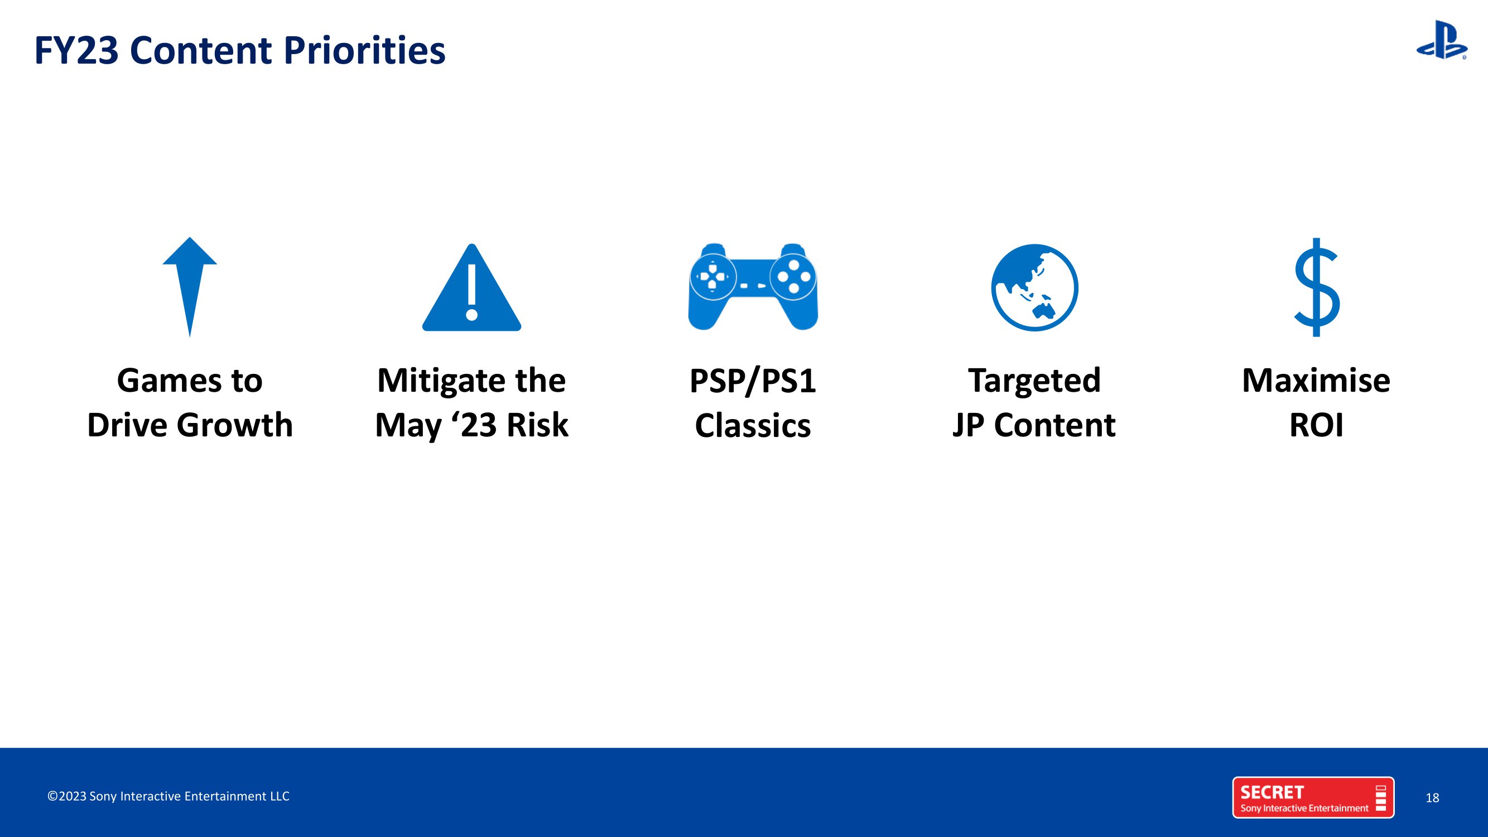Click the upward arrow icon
pyautogui.click(x=190, y=286)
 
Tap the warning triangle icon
pyautogui.click(x=471, y=288)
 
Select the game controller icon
pyautogui.click(x=753, y=286)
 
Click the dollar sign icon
pyautogui.click(x=1317, y=287)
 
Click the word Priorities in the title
pyautogui.click(x=364, y=51)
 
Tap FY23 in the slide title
pyautogui.click(x=76, y=51)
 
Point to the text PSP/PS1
pyautogui.click(x=753, y=381)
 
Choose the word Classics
pyautogui.click(x=753, y=426)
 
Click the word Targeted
pyautogui.click(x=1034, y=381)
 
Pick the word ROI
pyautogui.click(x=1317, y=426)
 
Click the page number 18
pyautogui.click(x=1432, y=798)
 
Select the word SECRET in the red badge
pyautogui.click(x=1272, y=792)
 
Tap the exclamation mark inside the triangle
pyautogui.click(x=471, y=292)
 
